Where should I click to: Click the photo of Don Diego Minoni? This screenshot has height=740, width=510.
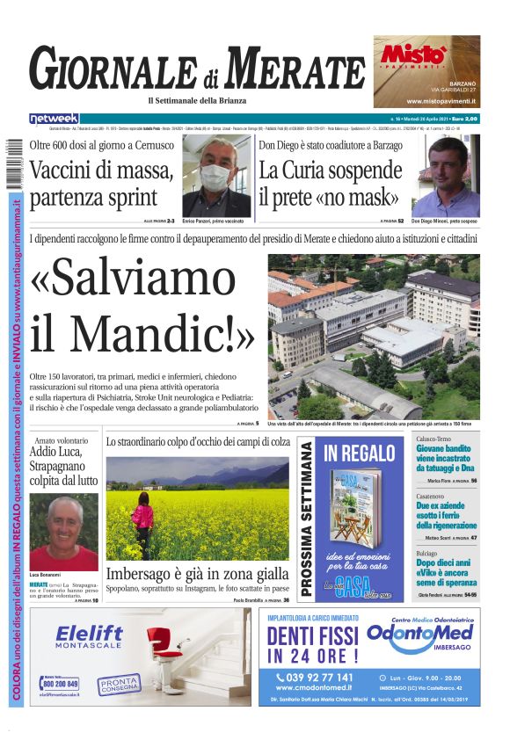445,176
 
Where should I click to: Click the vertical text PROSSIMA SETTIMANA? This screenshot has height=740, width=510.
307,519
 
